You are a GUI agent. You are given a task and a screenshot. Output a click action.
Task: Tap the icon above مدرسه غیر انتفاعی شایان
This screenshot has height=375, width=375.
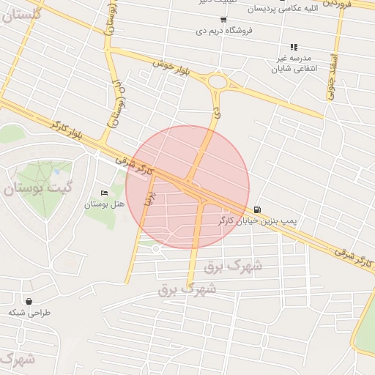tap(294, 47)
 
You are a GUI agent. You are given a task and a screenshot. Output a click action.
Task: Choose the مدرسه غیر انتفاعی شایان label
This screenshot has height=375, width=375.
tap(292, 64)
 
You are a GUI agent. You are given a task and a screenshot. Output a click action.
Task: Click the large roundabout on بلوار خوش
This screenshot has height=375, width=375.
tap(218, 82)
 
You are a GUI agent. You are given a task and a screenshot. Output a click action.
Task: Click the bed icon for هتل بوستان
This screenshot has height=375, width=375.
tap(103, 193)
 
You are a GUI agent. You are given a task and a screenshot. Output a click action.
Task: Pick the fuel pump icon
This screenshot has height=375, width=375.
tap(256, 209)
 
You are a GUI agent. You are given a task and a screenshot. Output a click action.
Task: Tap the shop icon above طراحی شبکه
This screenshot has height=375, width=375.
tap(29, 301)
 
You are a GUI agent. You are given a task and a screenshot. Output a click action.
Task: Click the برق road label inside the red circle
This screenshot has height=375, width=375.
tap(149, 198)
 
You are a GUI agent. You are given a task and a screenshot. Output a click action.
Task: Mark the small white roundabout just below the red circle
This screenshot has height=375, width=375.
tap(155, 249)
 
